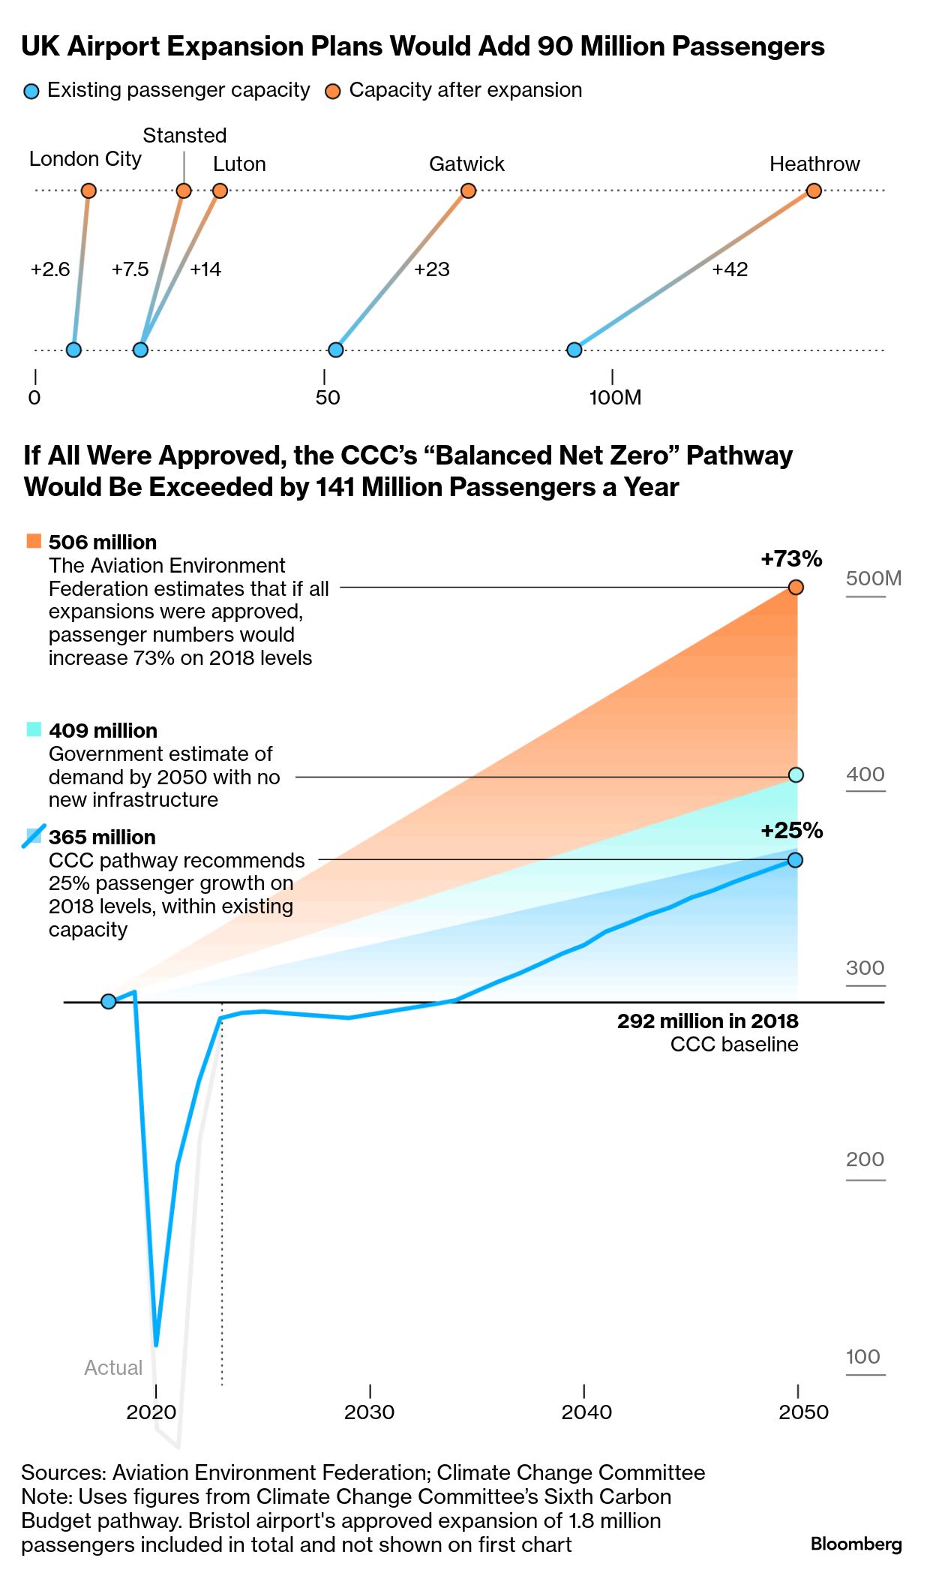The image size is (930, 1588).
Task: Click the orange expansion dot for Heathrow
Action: [x=814, y=191]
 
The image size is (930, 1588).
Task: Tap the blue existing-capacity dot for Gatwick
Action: [x=336, y=350]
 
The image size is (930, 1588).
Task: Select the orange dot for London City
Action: [x=88, y=191]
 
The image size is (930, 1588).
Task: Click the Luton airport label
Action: [x=239, y=164]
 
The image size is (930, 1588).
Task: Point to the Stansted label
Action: [x=184, y=135]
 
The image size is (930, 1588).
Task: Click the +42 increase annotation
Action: [x=730, y=269]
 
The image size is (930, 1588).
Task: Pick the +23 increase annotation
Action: [x=432, y=269]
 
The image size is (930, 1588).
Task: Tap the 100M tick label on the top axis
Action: [x=615, y=397]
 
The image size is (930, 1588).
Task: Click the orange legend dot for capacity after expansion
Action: [x=332, y=92]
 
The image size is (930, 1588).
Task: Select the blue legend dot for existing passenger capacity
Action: [x=31, y=92]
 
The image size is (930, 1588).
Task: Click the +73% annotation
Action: [x=791, y=558]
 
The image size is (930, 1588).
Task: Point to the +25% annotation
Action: [x=791, y=830]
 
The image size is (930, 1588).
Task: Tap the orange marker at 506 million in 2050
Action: [x=796, y=587]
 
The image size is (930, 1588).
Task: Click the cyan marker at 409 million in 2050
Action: [x=796, y=774]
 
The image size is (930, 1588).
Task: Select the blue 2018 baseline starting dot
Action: [x=108, y=1001]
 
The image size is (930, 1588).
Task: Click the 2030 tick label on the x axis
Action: [x=369, y=1412]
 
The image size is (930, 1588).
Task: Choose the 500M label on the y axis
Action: [x=874, y=578]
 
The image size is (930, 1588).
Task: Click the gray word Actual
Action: [x=113, y=1367]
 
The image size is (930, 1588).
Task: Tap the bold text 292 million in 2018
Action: [x=707, y=1021]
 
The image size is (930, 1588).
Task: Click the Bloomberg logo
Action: [x=856, y=1544]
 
